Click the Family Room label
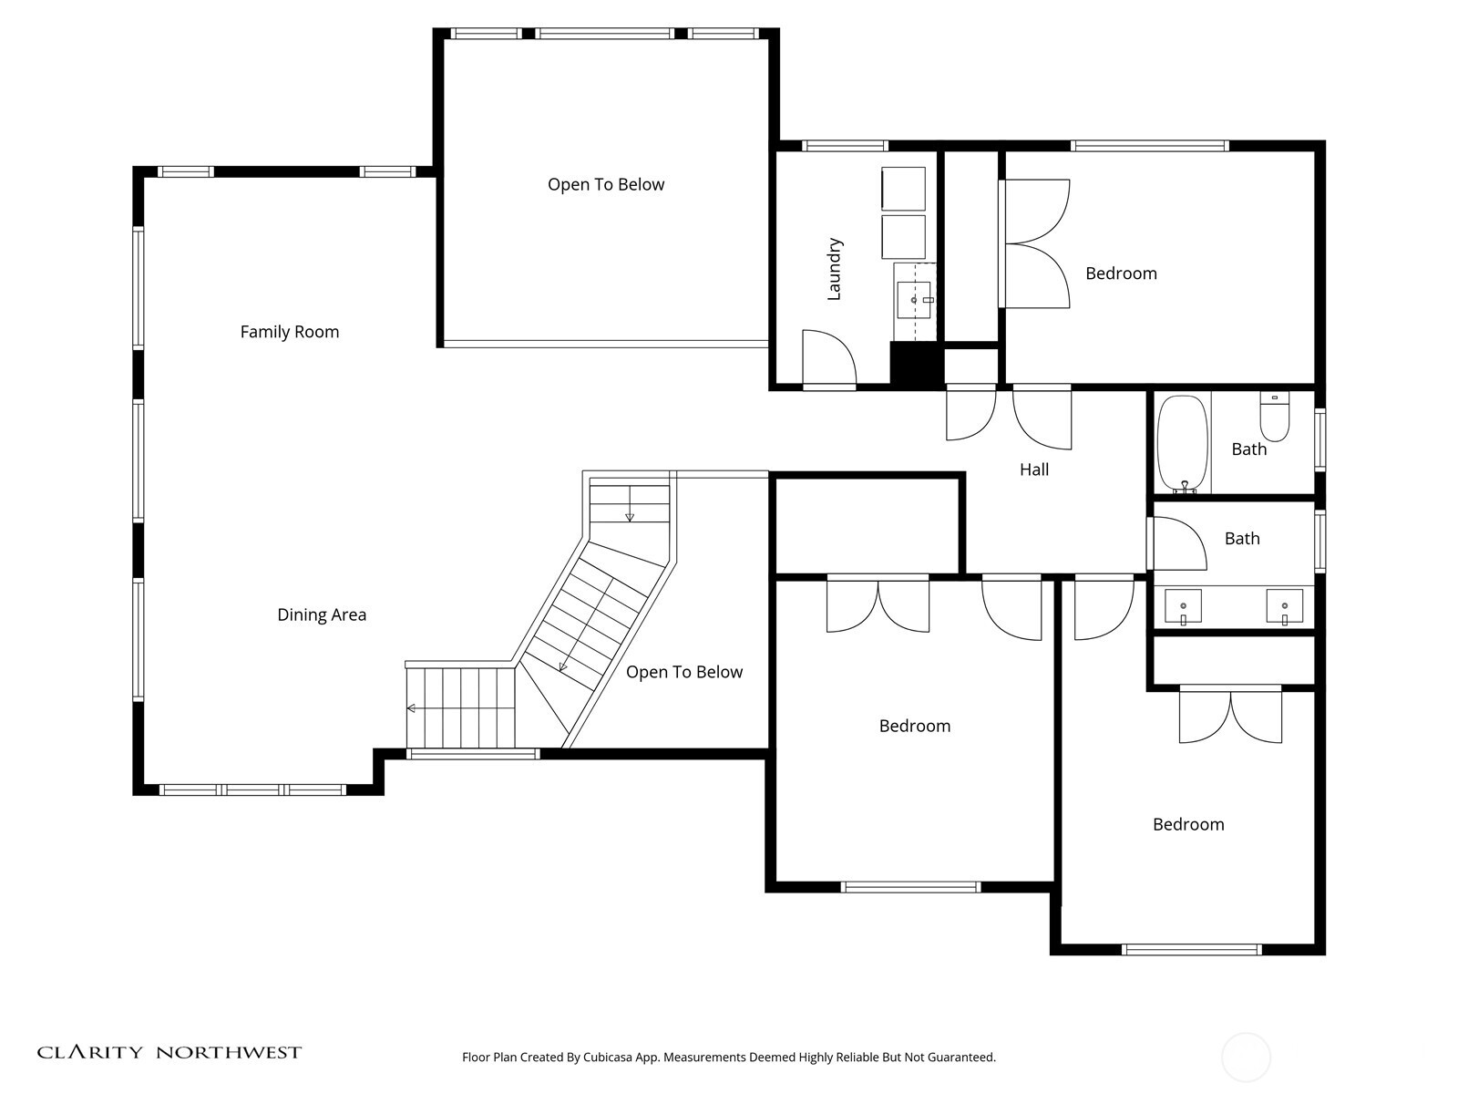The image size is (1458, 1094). pos(290,332)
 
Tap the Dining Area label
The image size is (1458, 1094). pos(322,614)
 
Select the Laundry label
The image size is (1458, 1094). pos(834,269)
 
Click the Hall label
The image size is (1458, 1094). pos(1033,470)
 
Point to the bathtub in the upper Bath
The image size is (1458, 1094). pos(1182,444)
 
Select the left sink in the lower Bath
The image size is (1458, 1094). pos(1183,605)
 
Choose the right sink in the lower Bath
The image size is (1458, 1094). pos(1284,605)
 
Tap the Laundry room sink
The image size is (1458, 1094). pos(914,299)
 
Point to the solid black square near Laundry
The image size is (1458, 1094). pos(916,365)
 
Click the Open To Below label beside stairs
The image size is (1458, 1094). pos(684,672)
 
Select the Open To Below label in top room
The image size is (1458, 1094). pos(606,184)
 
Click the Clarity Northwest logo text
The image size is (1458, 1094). pos(169,1052)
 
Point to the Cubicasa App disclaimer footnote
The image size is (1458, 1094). pos(728,1058)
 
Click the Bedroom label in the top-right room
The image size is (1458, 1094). pos(1121,273)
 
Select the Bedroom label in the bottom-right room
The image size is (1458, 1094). pos(1188,824)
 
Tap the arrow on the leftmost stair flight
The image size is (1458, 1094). pos(413,707)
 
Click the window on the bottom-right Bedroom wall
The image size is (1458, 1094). pos(1191,949)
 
